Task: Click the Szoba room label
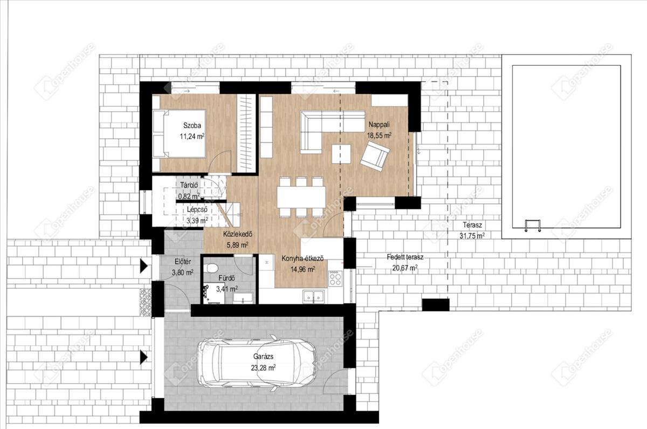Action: [192, 125]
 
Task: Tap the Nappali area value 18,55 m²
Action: [379, 135]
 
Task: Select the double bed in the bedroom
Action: [179, 133]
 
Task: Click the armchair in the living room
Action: [375, 156]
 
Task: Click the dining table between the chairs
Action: [301, 197]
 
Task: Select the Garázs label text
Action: [263, 357]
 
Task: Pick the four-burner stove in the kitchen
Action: [335, 278]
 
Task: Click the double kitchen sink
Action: [313, 296]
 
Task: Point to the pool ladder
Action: [532, 226]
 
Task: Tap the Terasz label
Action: [472, 224]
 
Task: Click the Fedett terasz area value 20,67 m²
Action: [405, 268]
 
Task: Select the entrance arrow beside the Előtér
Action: [144, 266]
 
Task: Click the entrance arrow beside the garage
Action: [144, 357]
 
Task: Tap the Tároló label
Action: [189, 185]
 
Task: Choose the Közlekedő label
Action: [237, 234]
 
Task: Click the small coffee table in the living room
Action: [341, 154]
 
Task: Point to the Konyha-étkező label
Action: [302, 258]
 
